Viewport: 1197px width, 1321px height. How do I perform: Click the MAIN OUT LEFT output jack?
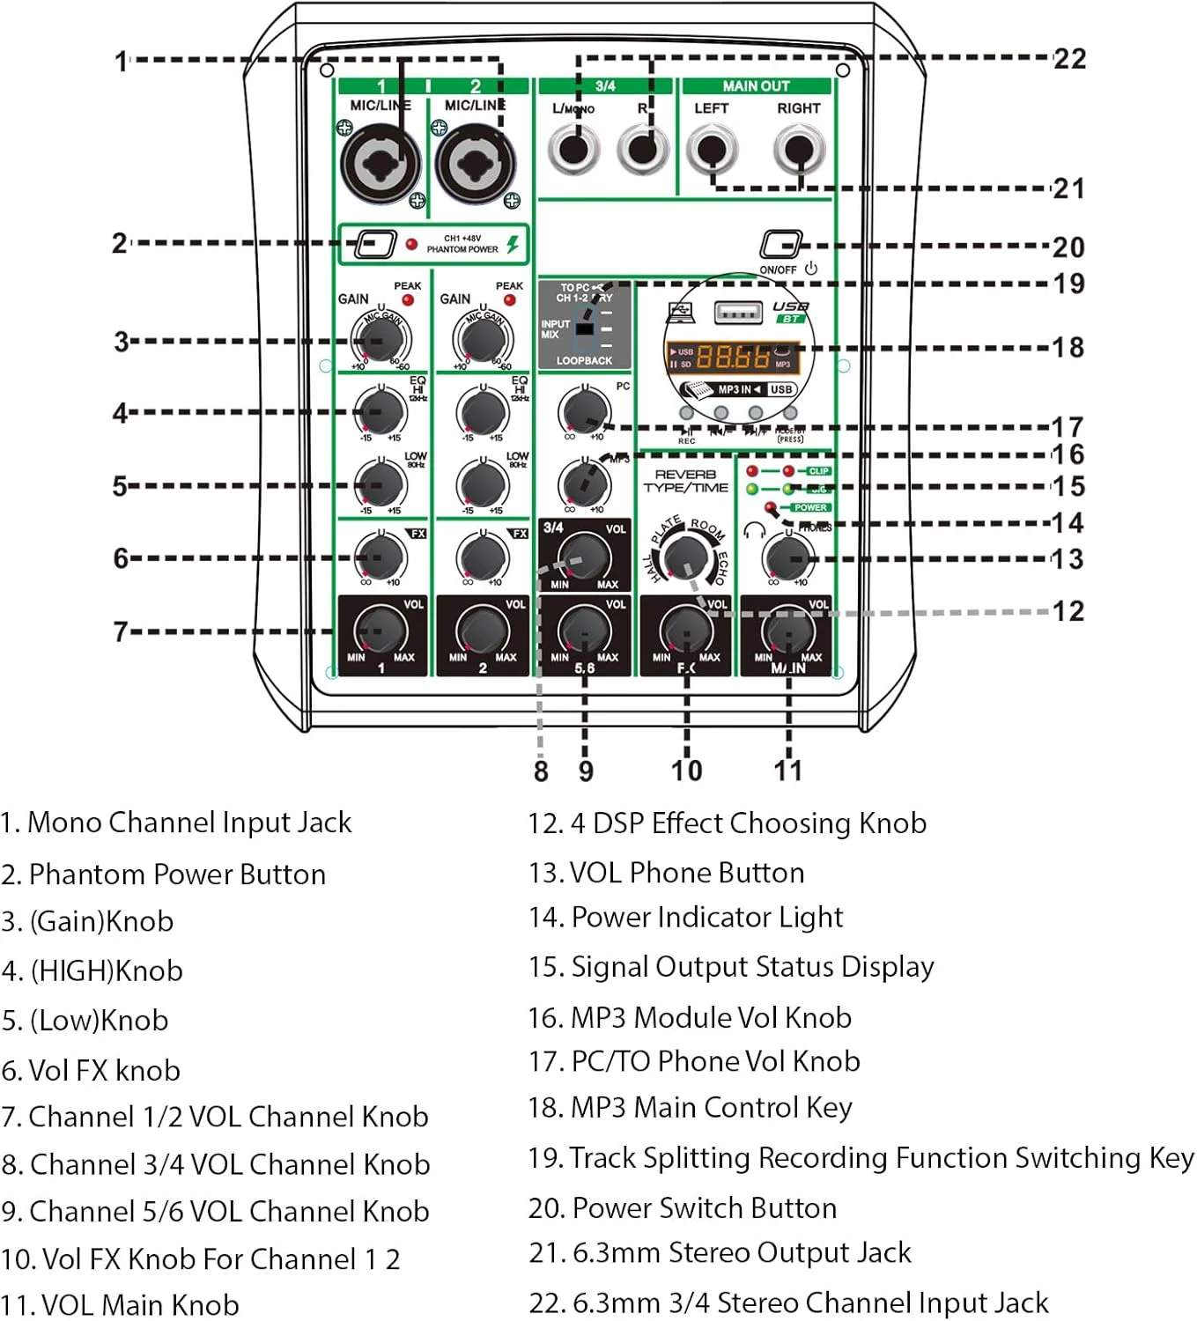[x=711, y=149]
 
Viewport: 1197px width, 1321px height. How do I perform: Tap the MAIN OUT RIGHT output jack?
[x=799, y=149]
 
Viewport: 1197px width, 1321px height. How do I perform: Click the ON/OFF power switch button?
[x=780, y=244]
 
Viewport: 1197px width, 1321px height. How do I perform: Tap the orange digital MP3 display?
[x=732, y=357]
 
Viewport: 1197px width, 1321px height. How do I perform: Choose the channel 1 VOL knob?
[x=381, y=631]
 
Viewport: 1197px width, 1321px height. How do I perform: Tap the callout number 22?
[x=1069, y=59]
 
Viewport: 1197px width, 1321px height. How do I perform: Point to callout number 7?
[x=121, y=631]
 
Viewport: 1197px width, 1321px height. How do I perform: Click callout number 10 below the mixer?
[x=687, y=771]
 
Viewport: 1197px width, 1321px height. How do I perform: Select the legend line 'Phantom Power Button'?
[x=164, y=875]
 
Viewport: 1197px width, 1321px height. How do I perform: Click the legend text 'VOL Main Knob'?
[x=121, y=1304]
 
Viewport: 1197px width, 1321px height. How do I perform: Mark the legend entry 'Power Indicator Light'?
[x=686, y=918]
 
